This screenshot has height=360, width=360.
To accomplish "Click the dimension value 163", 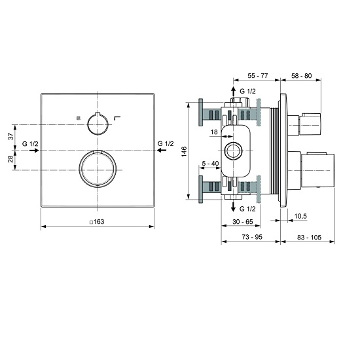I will tap(99, 221).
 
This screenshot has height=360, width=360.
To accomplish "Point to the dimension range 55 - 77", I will tap(257, 77).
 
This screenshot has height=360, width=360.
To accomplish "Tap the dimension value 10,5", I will tap(300, 215).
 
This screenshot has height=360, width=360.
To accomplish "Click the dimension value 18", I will tap(213, 133).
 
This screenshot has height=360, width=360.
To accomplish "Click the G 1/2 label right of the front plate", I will tap(166, 143).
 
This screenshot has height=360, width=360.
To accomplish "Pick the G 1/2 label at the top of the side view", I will tap(248, 91).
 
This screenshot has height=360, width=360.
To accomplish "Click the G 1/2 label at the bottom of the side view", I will tap(248, 208).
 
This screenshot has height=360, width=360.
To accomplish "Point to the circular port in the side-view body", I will tap(233, 151).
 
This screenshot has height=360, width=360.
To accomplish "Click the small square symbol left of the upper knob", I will tap(77, 117).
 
